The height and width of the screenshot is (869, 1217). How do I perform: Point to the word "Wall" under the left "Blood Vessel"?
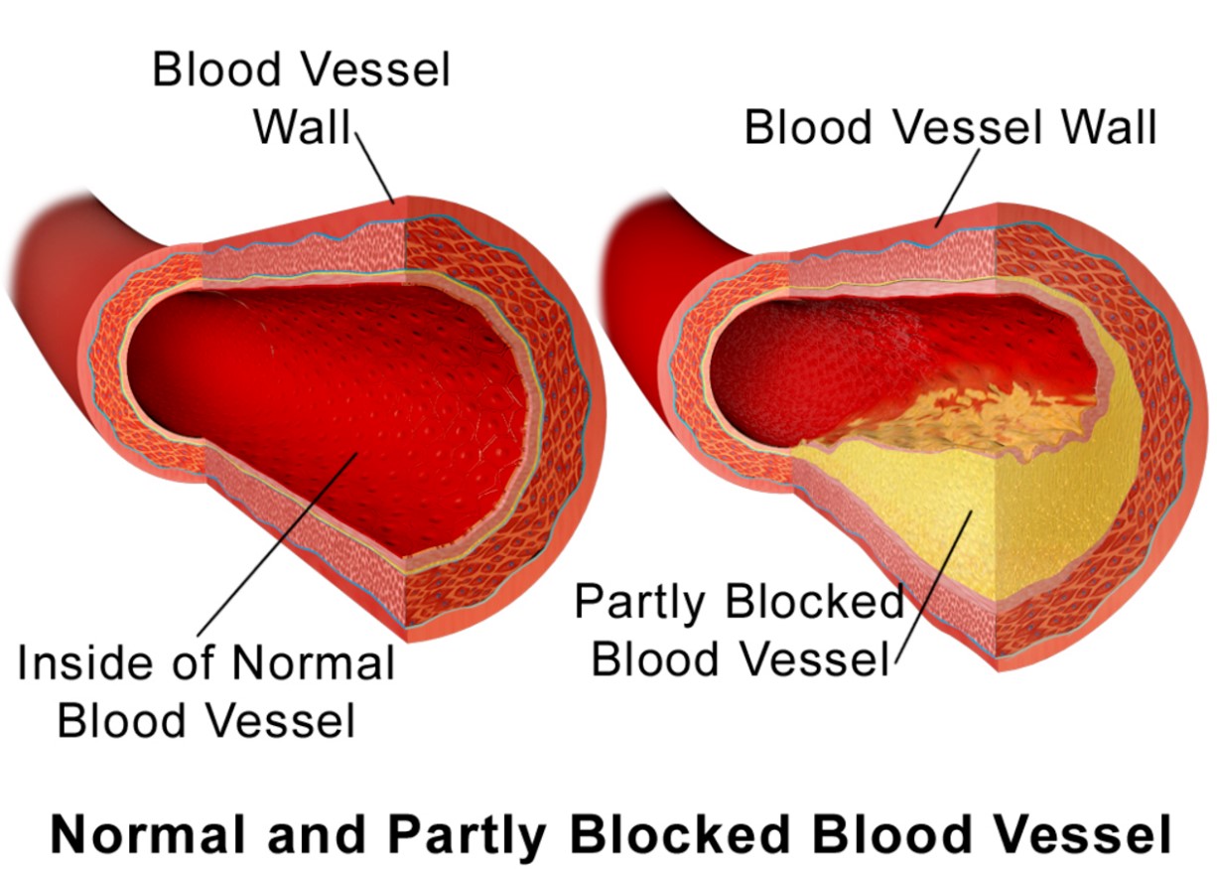pos(303,127)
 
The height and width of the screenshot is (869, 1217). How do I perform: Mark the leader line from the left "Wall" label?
pos(376,169)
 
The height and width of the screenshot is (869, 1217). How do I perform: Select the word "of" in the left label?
pos(209,662)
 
